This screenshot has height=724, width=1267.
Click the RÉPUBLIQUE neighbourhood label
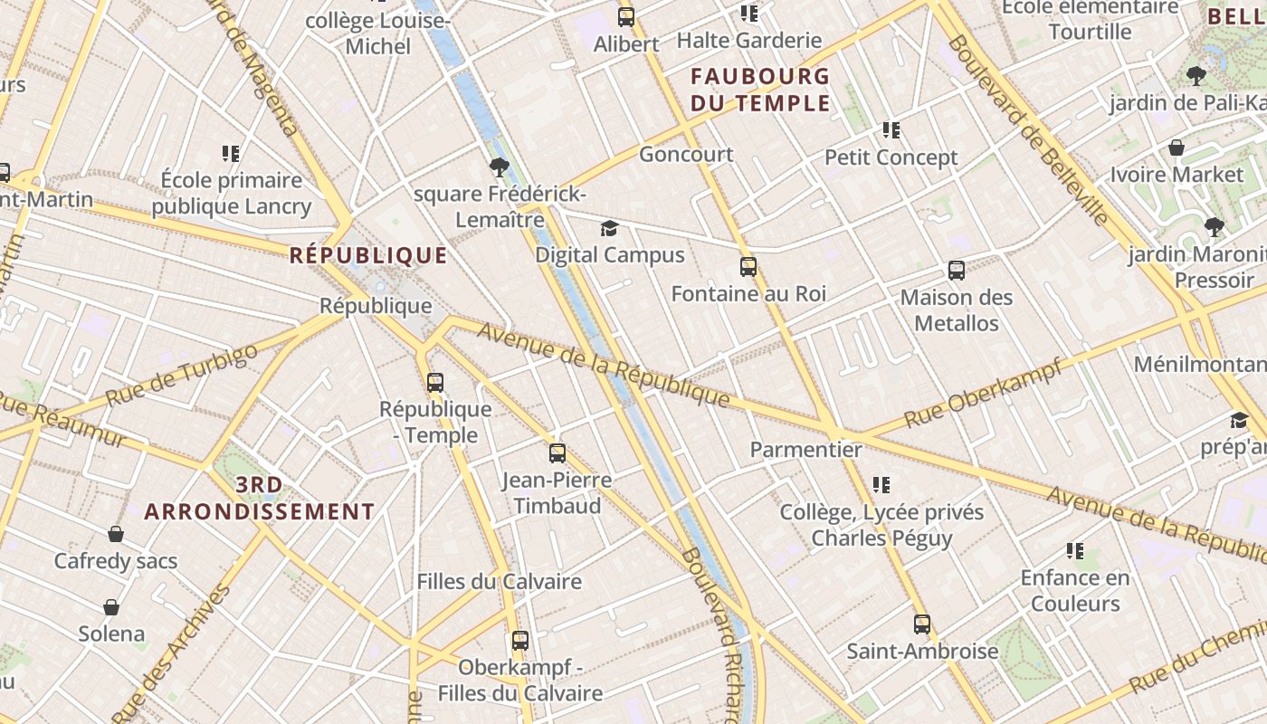(368, 255)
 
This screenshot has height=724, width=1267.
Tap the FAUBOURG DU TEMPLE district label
(760, 90)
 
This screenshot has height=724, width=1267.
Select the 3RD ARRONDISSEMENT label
(259, 499)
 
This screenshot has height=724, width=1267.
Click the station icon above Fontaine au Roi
(748, 267)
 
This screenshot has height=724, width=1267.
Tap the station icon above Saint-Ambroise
(922, 624)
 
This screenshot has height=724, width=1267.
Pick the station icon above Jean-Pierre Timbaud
(557, 453)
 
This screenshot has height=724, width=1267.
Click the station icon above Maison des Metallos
(957, 271)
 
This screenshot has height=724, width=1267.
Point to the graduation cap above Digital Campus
(610, 228)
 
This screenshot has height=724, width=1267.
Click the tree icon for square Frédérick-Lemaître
(499, 167)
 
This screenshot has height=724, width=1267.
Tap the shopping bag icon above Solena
(111, 606)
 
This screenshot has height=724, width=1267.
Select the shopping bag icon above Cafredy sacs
(116, 534)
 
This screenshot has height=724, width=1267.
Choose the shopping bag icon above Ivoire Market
(1176, 148)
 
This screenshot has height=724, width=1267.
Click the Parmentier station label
(805, 449)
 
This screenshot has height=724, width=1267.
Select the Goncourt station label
(686, 154)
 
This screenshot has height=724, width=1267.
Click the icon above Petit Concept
(891, 131)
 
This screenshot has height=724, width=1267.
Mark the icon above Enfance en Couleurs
(1075, 551)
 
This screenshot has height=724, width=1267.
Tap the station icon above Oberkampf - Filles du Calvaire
(520, 641)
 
